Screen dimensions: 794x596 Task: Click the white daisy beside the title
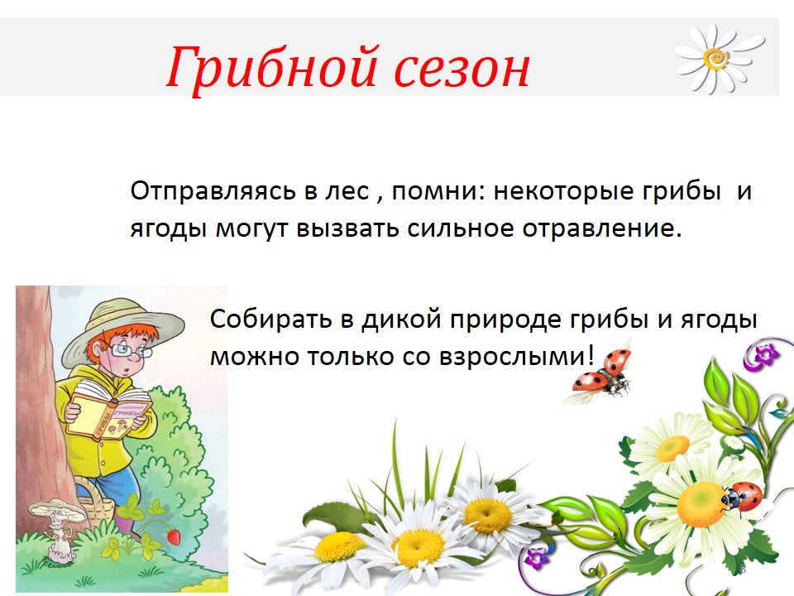(719, 58)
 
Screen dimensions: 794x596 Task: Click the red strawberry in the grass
(173, 536)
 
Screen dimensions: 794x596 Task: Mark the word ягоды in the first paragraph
(168, 229)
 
